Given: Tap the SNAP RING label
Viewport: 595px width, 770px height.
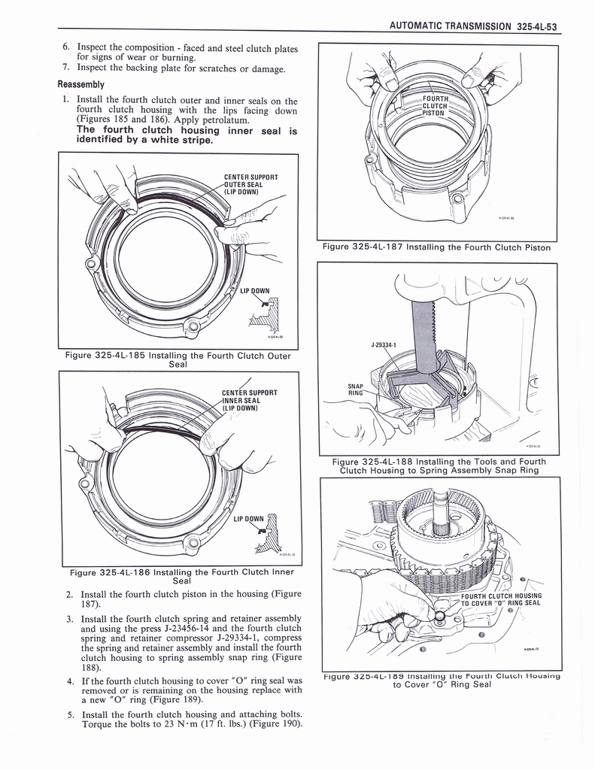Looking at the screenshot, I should tap(355, 388).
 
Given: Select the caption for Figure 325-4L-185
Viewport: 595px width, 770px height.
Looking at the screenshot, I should tap(178, 360).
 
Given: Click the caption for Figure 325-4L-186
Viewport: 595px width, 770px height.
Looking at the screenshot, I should tap(181, 576).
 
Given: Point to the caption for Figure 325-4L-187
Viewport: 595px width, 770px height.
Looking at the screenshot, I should tap(436, 247).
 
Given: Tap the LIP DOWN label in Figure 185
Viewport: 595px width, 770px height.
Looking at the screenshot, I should tap(254, 291).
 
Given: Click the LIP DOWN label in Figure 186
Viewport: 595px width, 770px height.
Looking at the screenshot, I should tap(248, 519).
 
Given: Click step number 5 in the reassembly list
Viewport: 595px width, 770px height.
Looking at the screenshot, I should tap(68, 714).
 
